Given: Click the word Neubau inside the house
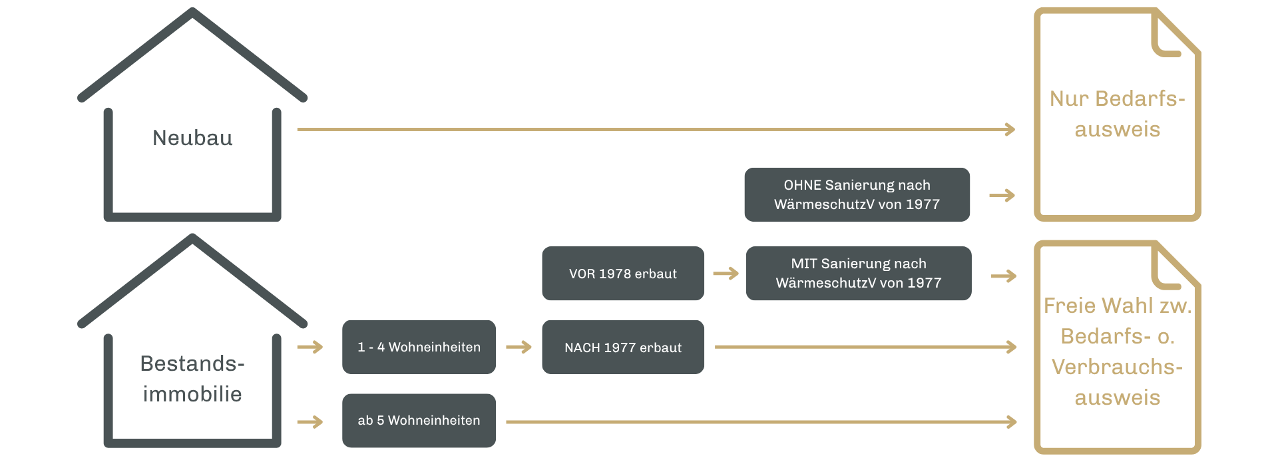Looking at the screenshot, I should [x=192, y=138].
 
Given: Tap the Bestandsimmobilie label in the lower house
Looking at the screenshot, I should [x=192, y=379].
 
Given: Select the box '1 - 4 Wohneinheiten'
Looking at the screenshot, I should [x=419, y=347].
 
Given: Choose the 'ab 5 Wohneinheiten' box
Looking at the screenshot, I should [x=419, y=421].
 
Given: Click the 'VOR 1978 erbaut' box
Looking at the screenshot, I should [x=622, y=274].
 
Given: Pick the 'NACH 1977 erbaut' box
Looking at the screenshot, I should [x=622, y=348].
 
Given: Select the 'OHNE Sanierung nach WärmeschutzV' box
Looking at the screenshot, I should [x=857, y=194].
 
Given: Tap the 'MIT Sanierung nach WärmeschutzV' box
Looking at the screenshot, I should [x=858, y=273].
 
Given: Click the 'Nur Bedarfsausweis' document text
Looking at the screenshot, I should [x=1117, y=114].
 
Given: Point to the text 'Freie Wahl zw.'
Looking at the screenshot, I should [x=1117, y=306].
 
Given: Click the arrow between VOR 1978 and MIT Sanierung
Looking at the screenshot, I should [x=726, y=274].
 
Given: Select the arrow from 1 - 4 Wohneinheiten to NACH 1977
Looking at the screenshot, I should [x=519, y=347].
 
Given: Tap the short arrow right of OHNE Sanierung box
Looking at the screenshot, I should [x=1002, y=196].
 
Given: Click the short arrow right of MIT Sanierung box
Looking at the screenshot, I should [x=1003, y=276].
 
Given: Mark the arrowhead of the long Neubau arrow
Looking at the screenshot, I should [x=1010, y=129].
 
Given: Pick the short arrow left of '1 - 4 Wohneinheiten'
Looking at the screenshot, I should [x=310, y=347].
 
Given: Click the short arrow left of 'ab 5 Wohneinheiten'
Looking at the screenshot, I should [x=310, y=421].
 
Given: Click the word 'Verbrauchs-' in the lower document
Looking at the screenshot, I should [x=1117, y=367].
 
